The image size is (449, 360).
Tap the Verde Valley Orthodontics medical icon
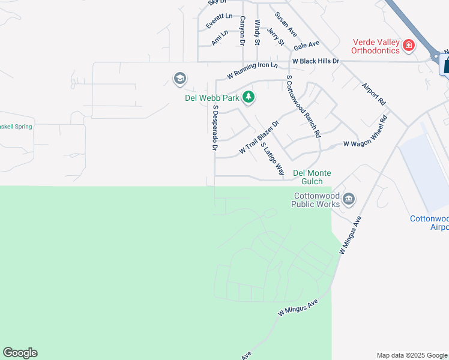(409, 45)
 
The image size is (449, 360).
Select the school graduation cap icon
(179, 79)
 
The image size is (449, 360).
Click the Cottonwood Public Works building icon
(348, 200)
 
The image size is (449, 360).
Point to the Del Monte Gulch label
(312, 177)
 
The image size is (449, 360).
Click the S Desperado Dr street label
(214, 127)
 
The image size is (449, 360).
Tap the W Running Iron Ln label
(253, 71)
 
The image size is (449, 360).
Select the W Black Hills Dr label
(316, 61)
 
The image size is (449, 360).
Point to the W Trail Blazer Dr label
(259, 137)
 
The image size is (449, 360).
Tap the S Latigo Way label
(272, 159)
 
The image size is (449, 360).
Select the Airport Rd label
(373, 95)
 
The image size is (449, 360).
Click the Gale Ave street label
(306, 45)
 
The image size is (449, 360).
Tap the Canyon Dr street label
(243, 31)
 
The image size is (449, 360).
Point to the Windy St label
(257, 32)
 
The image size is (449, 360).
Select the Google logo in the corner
(20, 353)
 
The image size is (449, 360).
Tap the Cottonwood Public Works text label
(316, 200)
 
